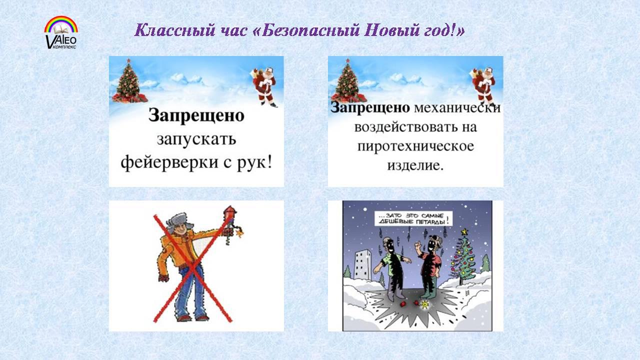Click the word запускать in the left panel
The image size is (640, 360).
(196, 139)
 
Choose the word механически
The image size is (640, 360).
(457, 107)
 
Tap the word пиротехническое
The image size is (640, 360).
(415, 146)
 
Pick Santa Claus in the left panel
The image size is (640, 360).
(264, 85)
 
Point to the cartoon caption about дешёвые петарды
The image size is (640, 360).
(413, 219)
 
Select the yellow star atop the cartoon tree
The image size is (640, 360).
(464, 231)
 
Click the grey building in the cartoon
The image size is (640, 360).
(363, 264)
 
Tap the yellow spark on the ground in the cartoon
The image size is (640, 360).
(425, 305)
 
